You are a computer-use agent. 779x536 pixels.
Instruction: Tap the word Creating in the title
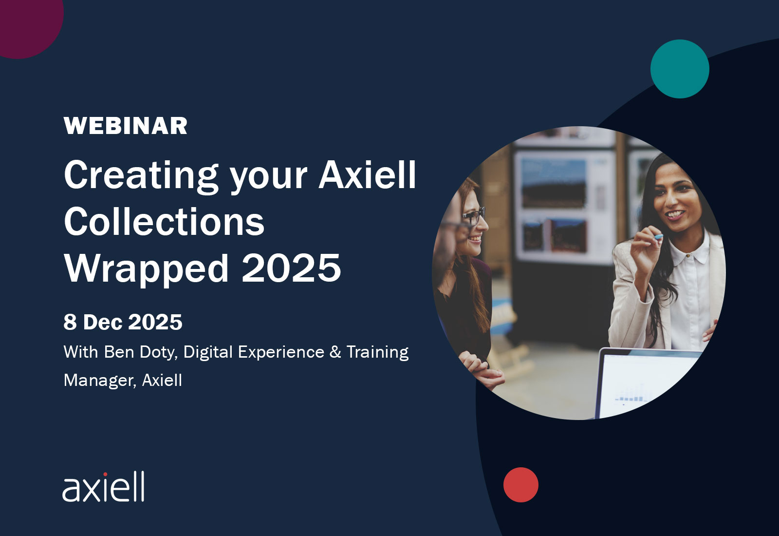141,176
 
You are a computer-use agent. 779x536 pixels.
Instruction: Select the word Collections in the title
164,221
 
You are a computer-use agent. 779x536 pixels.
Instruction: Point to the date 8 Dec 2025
123,322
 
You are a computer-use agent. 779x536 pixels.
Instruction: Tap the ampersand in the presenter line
335,352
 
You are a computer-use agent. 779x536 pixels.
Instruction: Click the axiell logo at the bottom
103,487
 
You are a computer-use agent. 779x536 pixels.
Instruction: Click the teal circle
680,69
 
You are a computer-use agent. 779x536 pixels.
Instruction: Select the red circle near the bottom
520,484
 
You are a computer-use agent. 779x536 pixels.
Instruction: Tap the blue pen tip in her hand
659,237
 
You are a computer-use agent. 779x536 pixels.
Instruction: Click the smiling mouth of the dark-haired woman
675,214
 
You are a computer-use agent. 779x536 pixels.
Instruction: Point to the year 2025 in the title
291,268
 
